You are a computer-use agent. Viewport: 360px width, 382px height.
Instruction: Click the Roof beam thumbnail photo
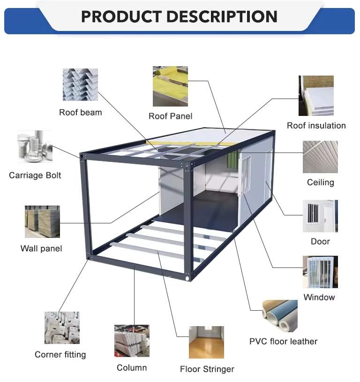81,84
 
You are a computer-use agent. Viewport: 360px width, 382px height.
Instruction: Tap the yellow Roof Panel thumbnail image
170,86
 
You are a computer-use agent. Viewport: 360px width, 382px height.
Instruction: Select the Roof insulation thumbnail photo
316,96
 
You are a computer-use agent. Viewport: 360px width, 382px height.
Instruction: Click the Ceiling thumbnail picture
320,157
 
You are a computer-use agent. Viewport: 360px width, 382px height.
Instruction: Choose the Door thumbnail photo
320,216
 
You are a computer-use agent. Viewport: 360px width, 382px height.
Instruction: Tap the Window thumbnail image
320,272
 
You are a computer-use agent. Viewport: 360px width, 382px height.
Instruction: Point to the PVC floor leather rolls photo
280,316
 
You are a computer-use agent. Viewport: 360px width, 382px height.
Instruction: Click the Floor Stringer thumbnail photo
206,342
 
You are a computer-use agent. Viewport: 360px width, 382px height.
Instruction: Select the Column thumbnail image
132,341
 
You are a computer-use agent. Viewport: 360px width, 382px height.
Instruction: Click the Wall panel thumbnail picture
42,222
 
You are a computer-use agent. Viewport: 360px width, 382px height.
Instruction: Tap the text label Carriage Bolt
35,176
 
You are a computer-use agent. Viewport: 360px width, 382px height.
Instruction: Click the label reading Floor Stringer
207,369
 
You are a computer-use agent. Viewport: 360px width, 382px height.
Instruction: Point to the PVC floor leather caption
283,341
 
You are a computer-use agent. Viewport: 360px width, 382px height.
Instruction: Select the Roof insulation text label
316,126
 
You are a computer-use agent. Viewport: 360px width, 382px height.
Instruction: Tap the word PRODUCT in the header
120,16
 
